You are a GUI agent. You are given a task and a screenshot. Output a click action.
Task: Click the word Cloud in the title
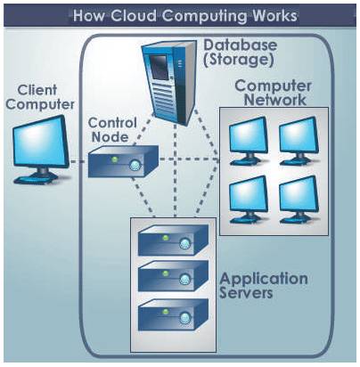[134, 15]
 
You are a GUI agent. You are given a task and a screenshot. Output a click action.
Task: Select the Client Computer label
[40, 97]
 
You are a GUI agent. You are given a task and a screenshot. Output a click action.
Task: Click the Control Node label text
[112, 130]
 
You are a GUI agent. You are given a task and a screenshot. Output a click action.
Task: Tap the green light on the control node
[114, 159]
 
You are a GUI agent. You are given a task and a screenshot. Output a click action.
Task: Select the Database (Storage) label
[240, 53]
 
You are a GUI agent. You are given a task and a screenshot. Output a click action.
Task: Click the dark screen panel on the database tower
[160, 67]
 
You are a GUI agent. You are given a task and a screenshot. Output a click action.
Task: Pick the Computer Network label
[274, 93]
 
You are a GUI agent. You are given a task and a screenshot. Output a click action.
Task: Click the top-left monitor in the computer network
[249, 141]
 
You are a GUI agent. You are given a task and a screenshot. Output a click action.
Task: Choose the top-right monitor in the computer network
[299, 141]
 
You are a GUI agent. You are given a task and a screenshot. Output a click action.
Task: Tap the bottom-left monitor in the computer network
[249, 200]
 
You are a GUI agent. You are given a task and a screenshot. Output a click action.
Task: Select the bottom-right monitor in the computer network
[299, 200]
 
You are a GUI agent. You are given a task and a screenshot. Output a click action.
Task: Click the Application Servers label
[264, 285]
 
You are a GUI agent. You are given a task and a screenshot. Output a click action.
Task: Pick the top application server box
[174, 240]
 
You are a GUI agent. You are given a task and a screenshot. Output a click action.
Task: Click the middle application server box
[174, 276]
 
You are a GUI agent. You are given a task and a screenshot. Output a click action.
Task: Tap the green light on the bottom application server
[166, 312]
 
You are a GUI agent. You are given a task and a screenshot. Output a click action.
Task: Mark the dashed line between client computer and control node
[78, 161]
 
